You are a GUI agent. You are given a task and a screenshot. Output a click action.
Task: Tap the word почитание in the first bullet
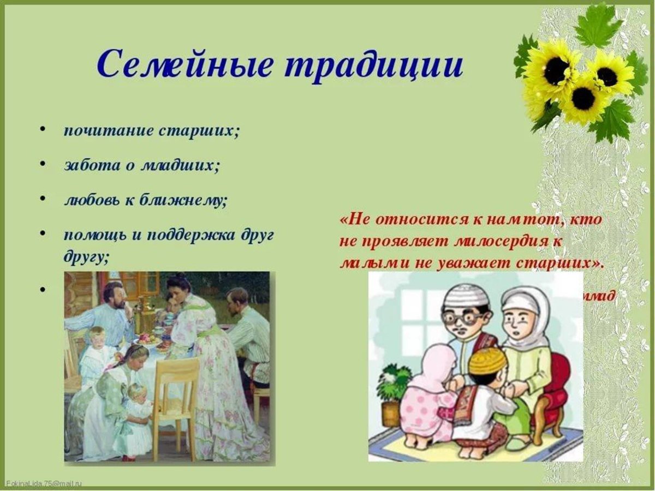102,133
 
